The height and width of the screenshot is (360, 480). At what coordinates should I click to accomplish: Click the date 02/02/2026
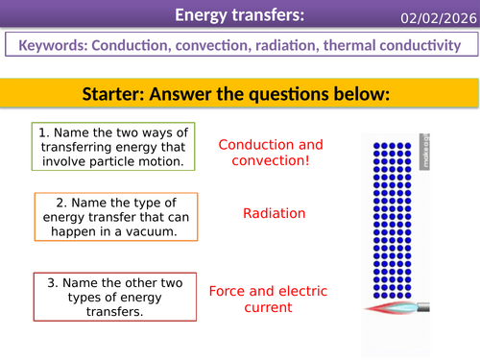tap(439, 15)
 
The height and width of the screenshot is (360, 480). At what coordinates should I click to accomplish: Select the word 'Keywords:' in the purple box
tap(56, 45)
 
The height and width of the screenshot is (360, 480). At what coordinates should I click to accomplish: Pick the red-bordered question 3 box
tap(108, 297)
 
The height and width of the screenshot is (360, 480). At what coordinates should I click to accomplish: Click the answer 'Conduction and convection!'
tap(271, 153)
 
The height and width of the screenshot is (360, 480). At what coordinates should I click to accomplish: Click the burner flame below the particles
tap(390, 308)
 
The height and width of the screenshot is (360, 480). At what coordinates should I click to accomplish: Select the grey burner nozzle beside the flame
tap(422, 308)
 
